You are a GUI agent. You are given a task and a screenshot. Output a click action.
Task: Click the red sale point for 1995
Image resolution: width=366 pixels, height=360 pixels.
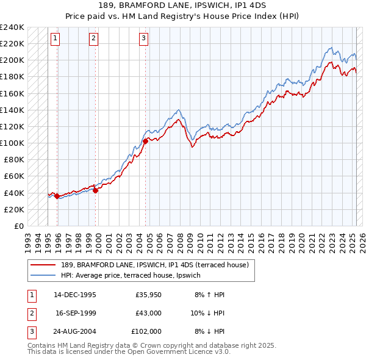pos(57,196)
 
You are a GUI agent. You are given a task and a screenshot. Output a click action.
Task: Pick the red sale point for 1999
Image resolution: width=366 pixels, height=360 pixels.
pos(96,190)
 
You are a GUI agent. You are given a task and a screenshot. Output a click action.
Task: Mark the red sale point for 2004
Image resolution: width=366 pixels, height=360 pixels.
pos(145,141)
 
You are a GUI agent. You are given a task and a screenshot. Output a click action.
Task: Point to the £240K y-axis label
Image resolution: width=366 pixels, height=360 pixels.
pos(12,27)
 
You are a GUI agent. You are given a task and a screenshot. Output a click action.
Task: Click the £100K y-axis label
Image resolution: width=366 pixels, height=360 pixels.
pos(12,143)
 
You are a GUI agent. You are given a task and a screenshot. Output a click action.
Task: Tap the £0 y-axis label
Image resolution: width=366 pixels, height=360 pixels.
pos(18,226)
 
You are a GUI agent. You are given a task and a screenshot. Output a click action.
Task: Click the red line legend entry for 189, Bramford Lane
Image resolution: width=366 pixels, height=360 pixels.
pos(154,265)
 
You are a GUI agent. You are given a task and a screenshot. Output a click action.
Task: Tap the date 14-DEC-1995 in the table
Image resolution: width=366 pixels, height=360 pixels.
pos(75,295)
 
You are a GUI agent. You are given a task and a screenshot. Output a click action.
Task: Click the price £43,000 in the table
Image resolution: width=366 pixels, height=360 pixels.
pos(148,313)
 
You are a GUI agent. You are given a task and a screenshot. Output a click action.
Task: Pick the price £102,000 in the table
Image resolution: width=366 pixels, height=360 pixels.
pos(147,331)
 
